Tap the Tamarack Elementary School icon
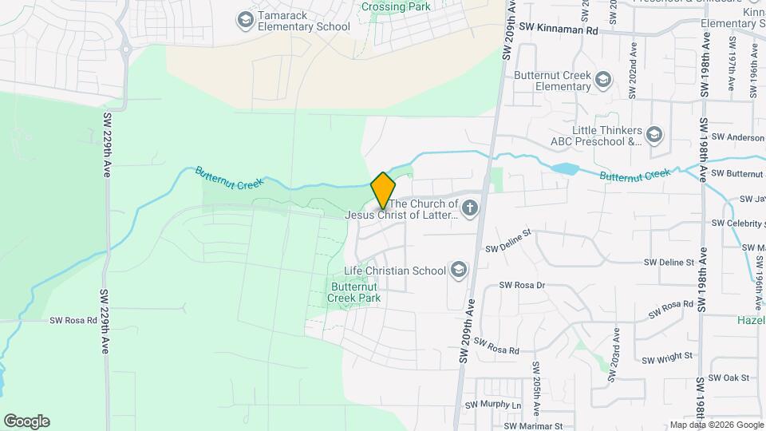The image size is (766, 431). pos(246,18)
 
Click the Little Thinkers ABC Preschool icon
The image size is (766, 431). pos(655,133)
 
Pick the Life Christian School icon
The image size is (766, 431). pos(459,270)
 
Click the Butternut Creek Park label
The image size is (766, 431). pos(354,292)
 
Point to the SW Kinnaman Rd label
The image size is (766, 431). pos(558,27)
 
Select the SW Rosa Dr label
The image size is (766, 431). pos(522,285)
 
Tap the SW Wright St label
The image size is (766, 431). pos(668,359)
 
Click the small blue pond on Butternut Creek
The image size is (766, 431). pos(564,168)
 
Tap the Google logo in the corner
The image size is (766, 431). pos(26,421)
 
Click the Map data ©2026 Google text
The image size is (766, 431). pos(716,425)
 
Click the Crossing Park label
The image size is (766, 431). pos(396,6)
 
